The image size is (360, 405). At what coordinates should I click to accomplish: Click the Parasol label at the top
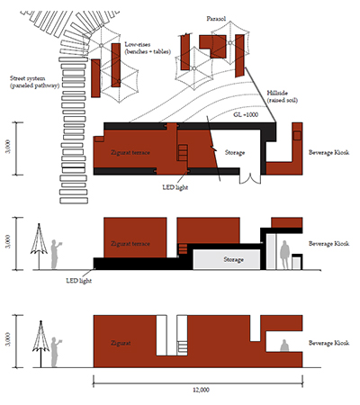(x=216, y=19)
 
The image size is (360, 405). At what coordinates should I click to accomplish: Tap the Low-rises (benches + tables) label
(x=148, y=48)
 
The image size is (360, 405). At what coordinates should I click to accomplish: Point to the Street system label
(x=34, y=82)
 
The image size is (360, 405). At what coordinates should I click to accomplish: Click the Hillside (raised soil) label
(x=282, y=96)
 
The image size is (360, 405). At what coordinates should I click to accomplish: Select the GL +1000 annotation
(x=246, y=114)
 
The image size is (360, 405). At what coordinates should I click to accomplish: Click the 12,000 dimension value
(x=201, y=390)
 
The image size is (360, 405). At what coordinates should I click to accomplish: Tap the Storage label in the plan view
(x=235, y=152)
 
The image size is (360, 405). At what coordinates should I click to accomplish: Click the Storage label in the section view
(x=233, y=259)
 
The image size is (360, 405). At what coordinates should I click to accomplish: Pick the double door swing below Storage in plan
(x=250, y=178)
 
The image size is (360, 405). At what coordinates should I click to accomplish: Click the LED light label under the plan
(x=175, y=187)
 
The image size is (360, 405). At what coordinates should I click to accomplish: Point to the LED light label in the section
(x=79, y=281)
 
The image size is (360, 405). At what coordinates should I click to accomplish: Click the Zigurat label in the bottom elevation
(x=121, y=343)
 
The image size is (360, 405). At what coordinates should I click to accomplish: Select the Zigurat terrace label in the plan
(x=130, y=152)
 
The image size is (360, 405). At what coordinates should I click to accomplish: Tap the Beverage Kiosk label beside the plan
(x=328, y=152)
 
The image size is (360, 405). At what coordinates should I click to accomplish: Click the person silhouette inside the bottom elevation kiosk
(x=284, y=346)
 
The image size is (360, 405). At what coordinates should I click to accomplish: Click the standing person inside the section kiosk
(x=284, y=255)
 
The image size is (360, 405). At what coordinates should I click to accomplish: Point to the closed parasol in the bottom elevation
(x=40, y=344)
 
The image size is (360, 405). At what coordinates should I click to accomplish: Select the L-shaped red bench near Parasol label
(x=213, y=46)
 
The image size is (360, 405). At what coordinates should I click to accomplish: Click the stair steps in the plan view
(x=183, y=152)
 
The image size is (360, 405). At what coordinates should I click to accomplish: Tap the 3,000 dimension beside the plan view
(x=8, y=147)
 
